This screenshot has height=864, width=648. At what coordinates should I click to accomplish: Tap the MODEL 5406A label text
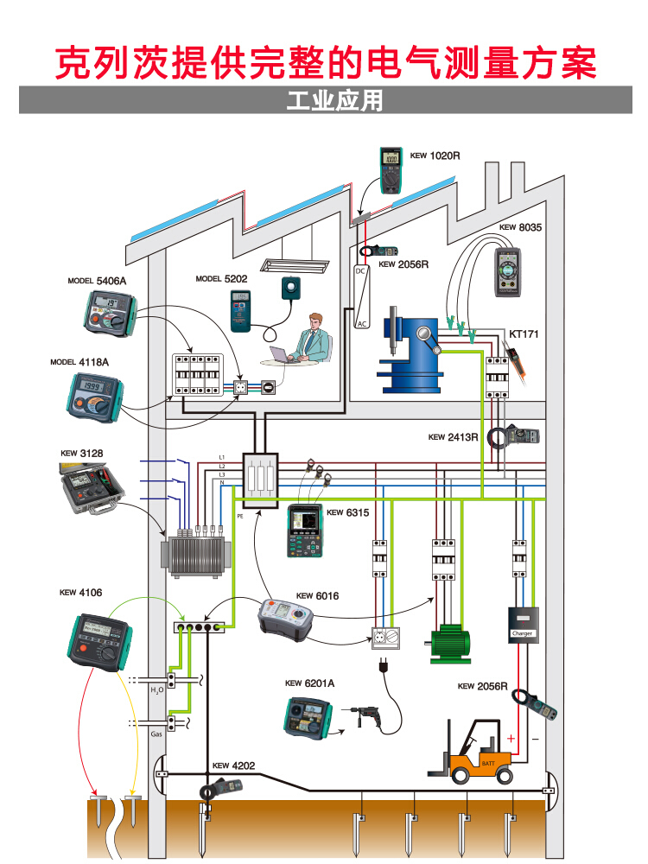tap(97, 281)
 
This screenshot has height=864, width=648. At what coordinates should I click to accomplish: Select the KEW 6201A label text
tap(309, 683)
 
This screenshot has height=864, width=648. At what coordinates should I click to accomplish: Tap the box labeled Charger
tap(524, 625)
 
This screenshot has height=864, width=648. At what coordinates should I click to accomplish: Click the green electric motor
tap(449, 641)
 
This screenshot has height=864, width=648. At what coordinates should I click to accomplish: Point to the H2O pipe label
tap(156, 690)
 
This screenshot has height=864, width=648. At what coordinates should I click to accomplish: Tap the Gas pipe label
tap(156, 734)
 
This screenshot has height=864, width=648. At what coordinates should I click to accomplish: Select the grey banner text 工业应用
tap(334, 100)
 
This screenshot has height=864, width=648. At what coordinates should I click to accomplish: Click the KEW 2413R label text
tap(453, 437)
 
